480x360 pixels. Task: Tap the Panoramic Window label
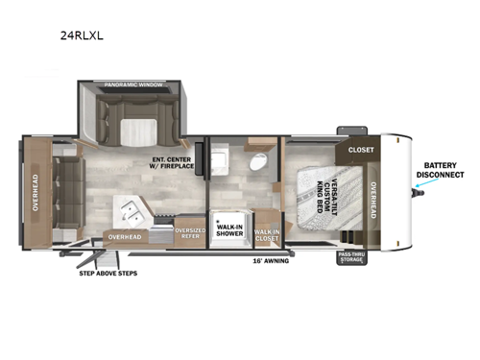pos(133,86)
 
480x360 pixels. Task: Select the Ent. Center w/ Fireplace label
pos(174,163)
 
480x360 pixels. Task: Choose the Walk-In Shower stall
pos(228,226)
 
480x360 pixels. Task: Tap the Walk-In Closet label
pos(266,233)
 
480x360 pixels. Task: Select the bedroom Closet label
pos(361,150)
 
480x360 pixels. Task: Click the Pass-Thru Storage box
pos(350,257)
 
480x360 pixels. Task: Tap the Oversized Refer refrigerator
pos(189,233)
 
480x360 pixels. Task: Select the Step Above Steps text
pos(108,273)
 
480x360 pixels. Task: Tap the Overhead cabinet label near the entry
pos(124,236)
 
